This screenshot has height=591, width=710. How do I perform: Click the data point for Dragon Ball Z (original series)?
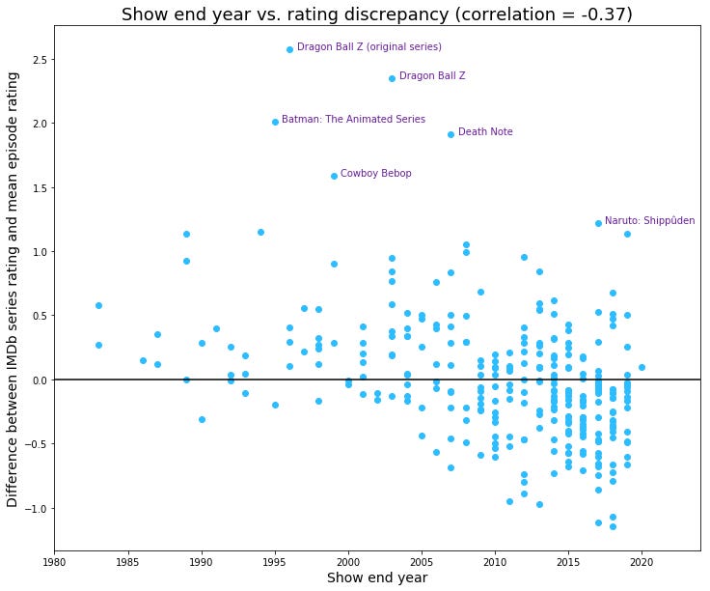click(289, 49)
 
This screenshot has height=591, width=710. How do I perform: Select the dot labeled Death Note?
click(451, 134)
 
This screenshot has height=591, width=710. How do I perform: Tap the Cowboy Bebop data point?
click(334, 176)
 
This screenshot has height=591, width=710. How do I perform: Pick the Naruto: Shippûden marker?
click(598, 223)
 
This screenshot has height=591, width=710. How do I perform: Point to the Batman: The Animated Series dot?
click(275, 122)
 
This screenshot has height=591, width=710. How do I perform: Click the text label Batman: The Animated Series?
click(353, 120)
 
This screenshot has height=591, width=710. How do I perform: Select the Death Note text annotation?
click(485, 132)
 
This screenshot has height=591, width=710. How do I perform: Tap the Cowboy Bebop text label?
click(376, 174)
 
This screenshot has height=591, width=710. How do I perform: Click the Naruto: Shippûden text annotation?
click(649, 221)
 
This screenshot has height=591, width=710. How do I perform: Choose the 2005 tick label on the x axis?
click(422, 560)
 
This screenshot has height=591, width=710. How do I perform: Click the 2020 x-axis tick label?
click(642, 560)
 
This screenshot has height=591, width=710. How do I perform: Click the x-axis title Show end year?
click(377, 578)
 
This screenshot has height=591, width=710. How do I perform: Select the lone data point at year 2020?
click(642, 367)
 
